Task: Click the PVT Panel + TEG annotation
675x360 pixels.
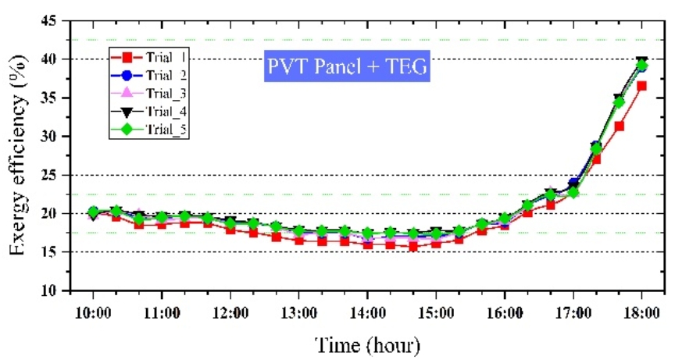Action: [347, 68]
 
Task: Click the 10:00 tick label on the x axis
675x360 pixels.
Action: [93, 312]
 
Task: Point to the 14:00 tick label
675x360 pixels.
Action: [367, 312]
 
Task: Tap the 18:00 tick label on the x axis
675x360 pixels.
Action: [641, 312]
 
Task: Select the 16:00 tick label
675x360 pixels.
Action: [505, 312]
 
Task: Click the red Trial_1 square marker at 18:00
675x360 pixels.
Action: [641, 86]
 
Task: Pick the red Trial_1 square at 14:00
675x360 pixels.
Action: [367, 244]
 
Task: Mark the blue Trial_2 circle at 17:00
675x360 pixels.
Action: [573, 184]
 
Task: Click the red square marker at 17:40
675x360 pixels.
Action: [619, 126]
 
